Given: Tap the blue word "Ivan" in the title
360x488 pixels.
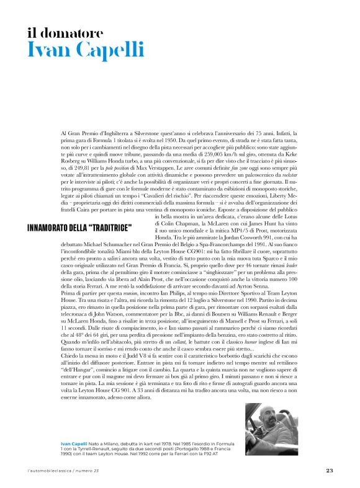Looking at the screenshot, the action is click(x=48, y=51).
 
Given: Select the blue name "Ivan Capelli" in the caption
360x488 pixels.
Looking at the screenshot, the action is click(x=74, y=445).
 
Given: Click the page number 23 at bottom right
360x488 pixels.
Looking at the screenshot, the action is click(x=330, y=471).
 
